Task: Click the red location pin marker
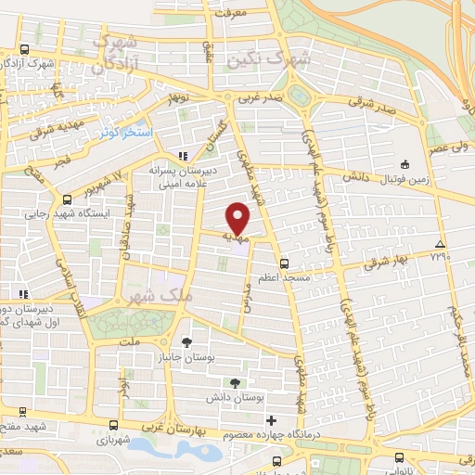coord(239,219)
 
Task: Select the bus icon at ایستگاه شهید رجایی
coord(67,199)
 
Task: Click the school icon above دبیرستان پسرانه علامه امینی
coord(184,155)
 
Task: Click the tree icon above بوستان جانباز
coord(187,340)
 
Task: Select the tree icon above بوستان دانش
coord(235,381)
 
